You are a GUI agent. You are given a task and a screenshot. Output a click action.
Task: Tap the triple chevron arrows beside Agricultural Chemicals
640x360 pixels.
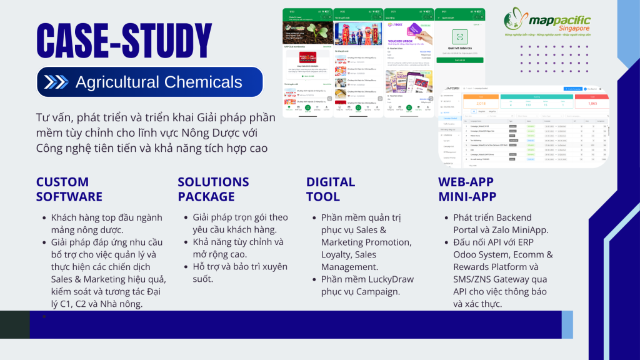coord(57,82)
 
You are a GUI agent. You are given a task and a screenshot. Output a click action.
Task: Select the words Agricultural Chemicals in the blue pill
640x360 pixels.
coord(159,82)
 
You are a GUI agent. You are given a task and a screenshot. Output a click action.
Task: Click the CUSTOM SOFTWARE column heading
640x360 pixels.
coord(69,189)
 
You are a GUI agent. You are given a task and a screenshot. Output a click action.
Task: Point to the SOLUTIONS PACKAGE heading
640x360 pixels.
coord(213,189)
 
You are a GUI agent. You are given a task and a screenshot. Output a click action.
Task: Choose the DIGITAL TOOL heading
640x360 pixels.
coord(331,189)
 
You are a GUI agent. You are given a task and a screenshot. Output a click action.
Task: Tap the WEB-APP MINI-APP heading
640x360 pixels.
coord(466,189)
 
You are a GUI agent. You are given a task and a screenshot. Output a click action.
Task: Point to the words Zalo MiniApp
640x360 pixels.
coord(523,229)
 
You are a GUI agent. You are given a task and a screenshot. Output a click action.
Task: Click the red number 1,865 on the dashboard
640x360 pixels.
coord(592,104)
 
